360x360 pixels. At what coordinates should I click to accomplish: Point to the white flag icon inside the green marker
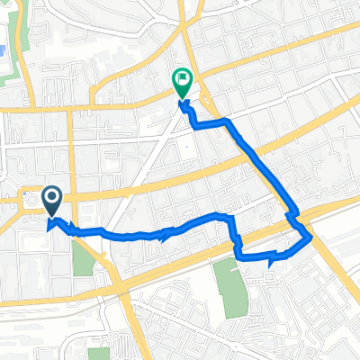click(x=183, y=79)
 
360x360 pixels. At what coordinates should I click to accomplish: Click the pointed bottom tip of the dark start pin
click(x=52, y=216)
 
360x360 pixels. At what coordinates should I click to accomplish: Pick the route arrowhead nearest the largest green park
click(x=271, y=261)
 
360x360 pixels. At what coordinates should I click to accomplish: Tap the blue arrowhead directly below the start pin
click(x=49, y=225)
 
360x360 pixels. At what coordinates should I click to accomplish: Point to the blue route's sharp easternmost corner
click(x=311, y=238)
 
